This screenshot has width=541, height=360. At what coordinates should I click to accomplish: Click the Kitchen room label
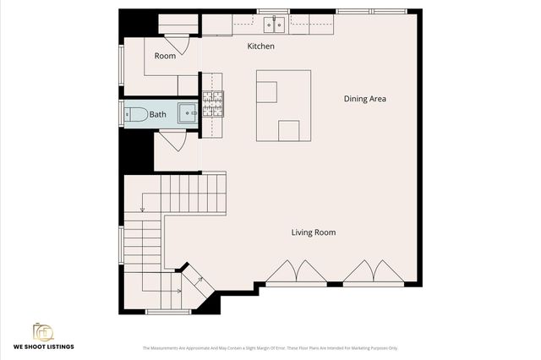point(260,46)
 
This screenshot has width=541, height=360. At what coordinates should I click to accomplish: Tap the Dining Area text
point(365,99)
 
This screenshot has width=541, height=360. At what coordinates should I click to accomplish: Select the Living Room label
point(314,232)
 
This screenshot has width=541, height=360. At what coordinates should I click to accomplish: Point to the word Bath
point(158,114)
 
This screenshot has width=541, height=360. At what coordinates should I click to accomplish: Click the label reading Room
point(165,56)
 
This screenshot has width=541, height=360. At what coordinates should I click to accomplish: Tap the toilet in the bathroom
point(134,113)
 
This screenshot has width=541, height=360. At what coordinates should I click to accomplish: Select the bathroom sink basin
point(188,112)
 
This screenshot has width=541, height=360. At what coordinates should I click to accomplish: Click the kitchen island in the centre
point(283,106)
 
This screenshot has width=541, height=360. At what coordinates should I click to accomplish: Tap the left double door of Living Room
point(287,271)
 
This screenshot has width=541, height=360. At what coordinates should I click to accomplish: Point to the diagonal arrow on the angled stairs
point(199,279)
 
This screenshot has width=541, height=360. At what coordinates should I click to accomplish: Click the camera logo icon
point(42,332)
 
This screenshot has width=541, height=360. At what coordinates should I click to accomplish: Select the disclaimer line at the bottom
point(270,347)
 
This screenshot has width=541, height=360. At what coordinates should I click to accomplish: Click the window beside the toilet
point(121,113)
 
